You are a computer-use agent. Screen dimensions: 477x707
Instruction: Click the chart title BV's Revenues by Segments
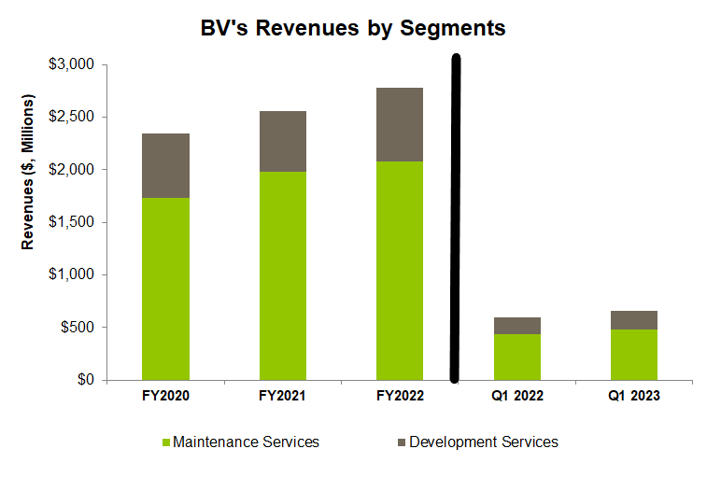[x=353, y=29]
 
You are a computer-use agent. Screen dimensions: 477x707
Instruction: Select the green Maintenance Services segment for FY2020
[x=165, y=288]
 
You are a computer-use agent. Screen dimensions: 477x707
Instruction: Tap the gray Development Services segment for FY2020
[x=165, y=165]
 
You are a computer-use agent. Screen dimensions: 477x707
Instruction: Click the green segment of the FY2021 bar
[x=283, y=275]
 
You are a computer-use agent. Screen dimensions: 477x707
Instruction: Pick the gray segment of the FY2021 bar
[x=283, y=141]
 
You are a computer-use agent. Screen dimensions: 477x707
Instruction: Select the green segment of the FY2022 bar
[x=400, y=271]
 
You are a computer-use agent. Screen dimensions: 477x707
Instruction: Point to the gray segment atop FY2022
[x=400, y=124]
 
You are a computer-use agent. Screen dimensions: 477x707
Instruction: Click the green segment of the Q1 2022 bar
[x=517, y=357]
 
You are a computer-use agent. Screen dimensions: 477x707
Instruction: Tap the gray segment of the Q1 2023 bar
[x=634, y=320]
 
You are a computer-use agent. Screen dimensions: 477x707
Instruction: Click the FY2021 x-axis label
[x=283, y=396]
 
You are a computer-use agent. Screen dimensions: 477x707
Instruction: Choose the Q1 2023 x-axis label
[x=634, y=396]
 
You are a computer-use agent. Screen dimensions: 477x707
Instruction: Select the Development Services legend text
[x=483, y=442]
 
